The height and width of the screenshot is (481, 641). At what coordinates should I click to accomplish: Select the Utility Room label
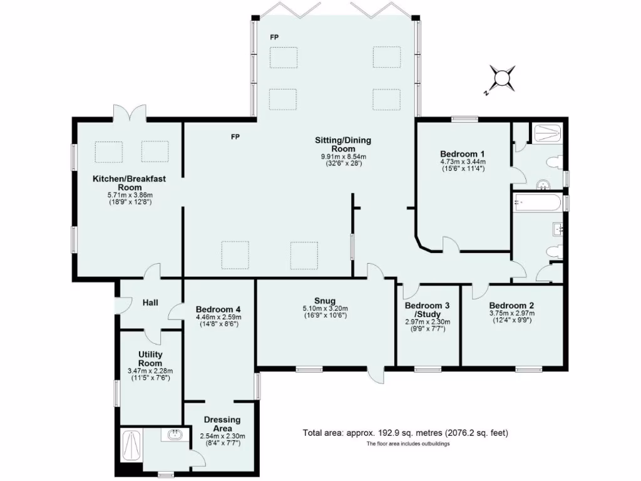point(150,359)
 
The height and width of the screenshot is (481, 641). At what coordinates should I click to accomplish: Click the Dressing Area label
point(222,424)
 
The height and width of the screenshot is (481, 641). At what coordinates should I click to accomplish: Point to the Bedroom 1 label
point(462,153)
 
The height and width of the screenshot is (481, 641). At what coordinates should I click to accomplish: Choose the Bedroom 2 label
point(511,306)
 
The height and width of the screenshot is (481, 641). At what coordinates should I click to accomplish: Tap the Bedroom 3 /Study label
point(427,310)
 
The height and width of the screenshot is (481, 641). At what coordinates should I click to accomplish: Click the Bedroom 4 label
point(218,309)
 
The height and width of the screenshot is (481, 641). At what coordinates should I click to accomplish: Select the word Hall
point(150,303)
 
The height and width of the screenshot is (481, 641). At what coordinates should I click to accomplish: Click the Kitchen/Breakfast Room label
point(129,183)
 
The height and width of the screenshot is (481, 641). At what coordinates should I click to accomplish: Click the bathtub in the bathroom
point(536,202)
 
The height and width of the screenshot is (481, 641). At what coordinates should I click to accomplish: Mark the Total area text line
point(406,433)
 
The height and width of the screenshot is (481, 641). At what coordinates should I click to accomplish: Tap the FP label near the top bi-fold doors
point(274,38)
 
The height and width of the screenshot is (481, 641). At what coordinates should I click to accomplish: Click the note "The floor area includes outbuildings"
point(408,444)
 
